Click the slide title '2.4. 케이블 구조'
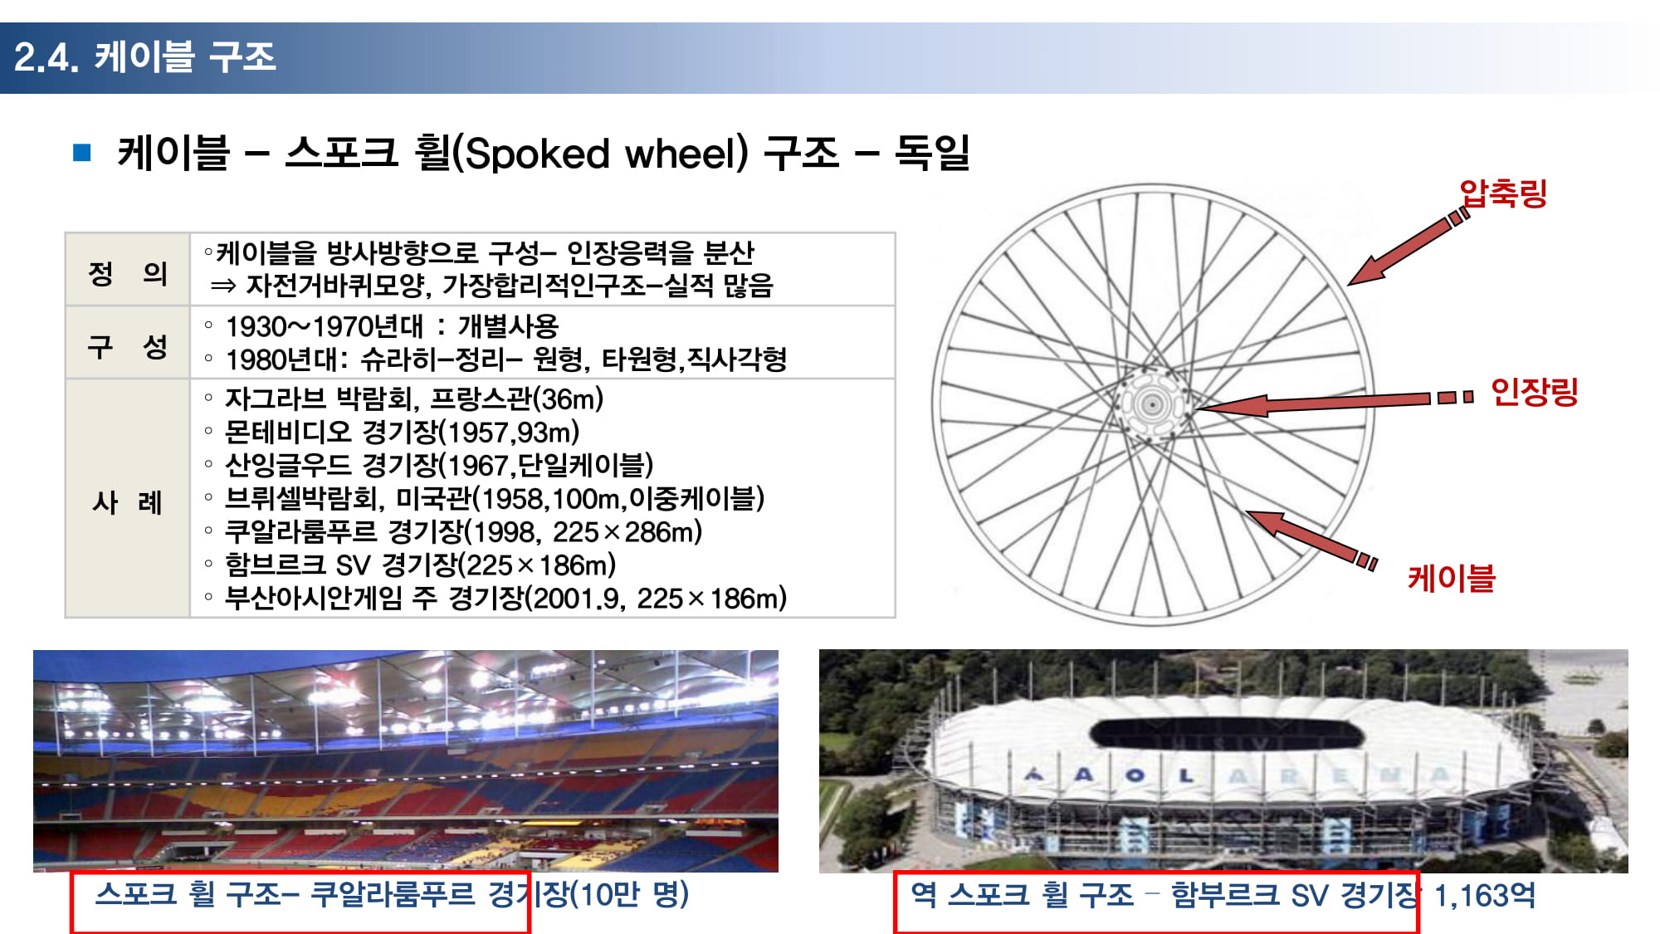144,56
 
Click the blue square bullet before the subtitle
82,152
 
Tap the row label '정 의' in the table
128,272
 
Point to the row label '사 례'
128,501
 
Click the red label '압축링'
1503,193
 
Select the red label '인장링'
1534,391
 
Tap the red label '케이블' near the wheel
1451,578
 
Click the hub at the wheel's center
1152,405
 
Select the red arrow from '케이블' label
1311,540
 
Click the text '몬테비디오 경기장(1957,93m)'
403,432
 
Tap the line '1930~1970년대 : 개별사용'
392,326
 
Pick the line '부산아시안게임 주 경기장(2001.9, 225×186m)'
505,598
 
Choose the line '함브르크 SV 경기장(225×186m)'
421,565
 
